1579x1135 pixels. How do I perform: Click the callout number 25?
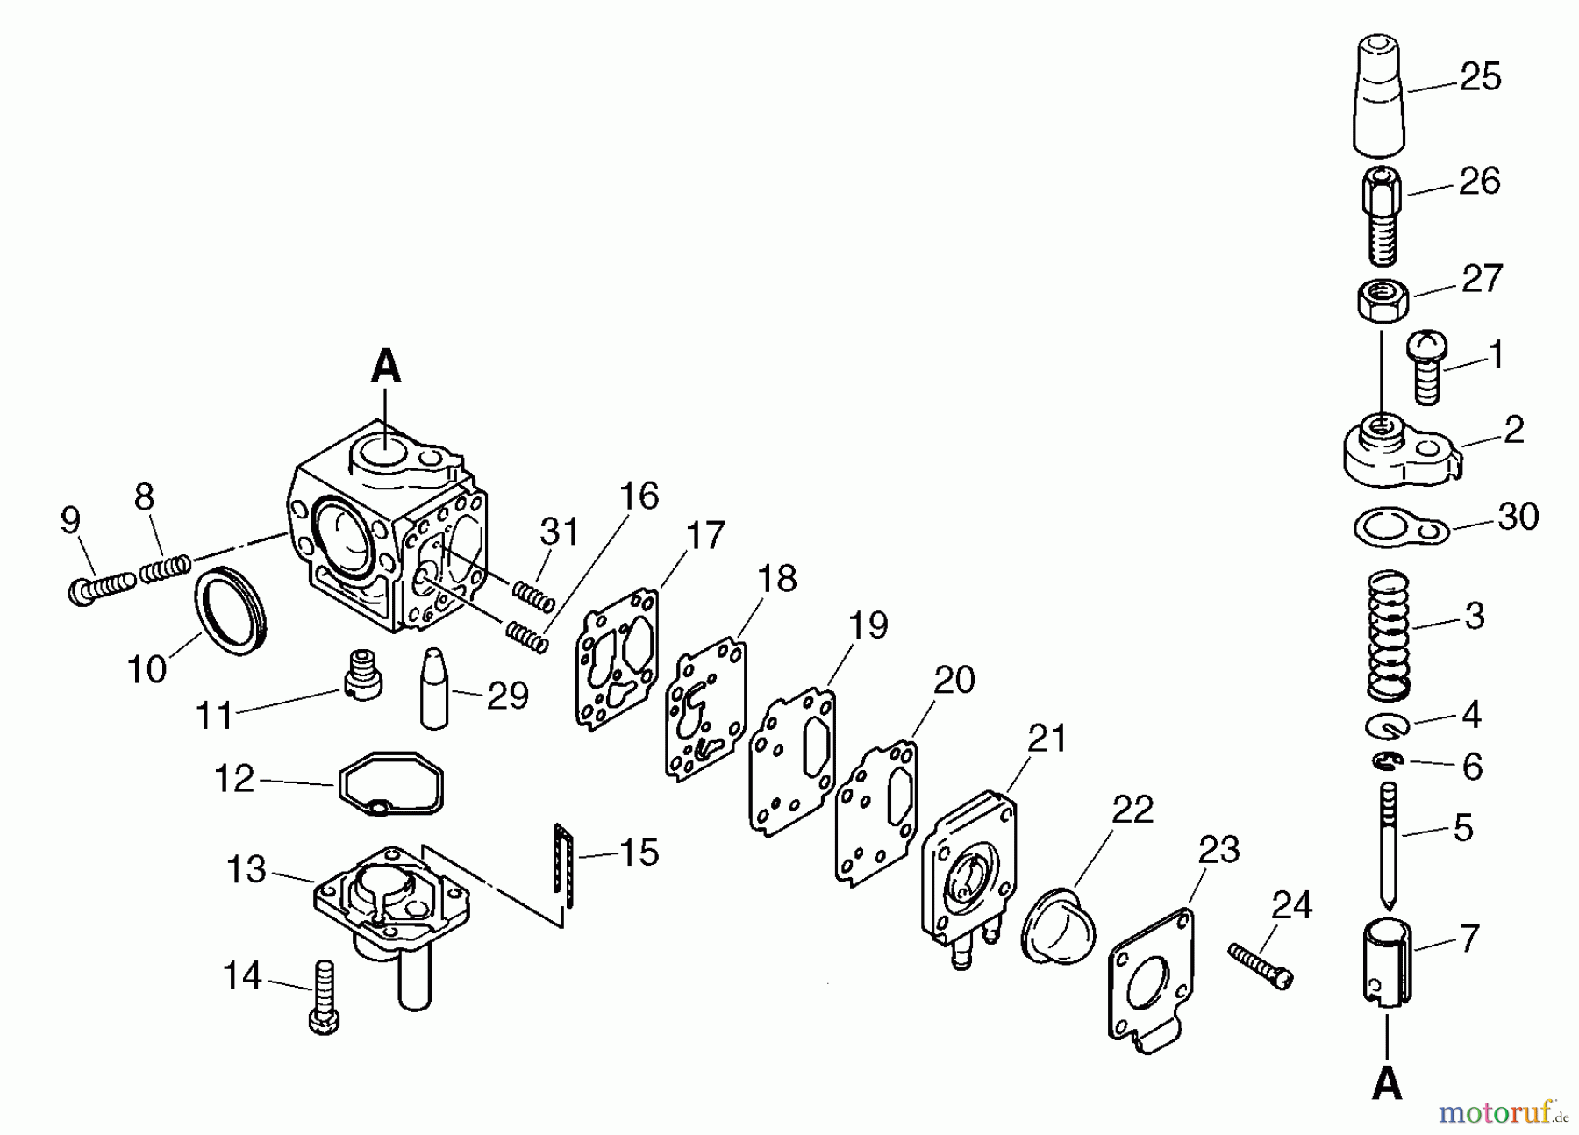tap(1480, 77)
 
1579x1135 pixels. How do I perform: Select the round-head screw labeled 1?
tap(1427, 366)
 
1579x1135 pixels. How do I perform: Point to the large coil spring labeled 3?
tap(1388, 634)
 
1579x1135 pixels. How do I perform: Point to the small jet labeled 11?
tap(361, 675)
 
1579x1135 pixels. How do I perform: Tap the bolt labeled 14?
tap(324, 997)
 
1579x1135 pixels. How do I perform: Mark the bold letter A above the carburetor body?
tap(386, 367)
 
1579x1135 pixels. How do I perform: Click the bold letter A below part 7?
tap(1387, 1085)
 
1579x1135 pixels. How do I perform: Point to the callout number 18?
tap(777, 579)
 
